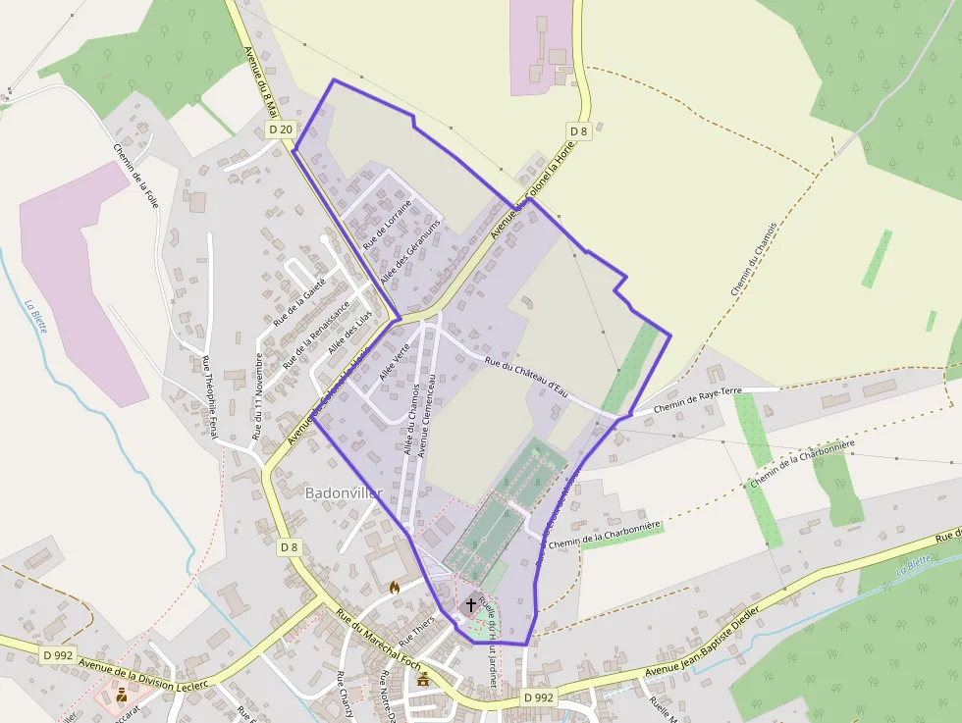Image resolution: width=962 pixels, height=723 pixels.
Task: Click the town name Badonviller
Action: click(x=343, y=492)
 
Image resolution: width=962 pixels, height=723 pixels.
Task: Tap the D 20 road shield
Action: click(x=281, y=129)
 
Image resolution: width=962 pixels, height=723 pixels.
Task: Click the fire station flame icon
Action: click(x=395, y=588)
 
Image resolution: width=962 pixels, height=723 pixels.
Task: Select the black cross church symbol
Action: click(x=471, y=605)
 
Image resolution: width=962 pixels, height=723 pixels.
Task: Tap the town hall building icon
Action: click(x=423, y=678)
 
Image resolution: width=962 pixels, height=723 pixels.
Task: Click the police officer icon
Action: click(x=122, y=695)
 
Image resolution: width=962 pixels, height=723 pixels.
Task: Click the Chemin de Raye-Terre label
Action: click(x=697, y=398)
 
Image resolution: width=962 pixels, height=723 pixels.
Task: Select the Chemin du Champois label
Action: click(x=754, y=258)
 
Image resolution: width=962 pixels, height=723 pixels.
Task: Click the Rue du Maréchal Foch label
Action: click(x=378, y=643)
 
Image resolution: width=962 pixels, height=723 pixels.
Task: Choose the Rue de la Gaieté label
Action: click(x=299, y=301)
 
